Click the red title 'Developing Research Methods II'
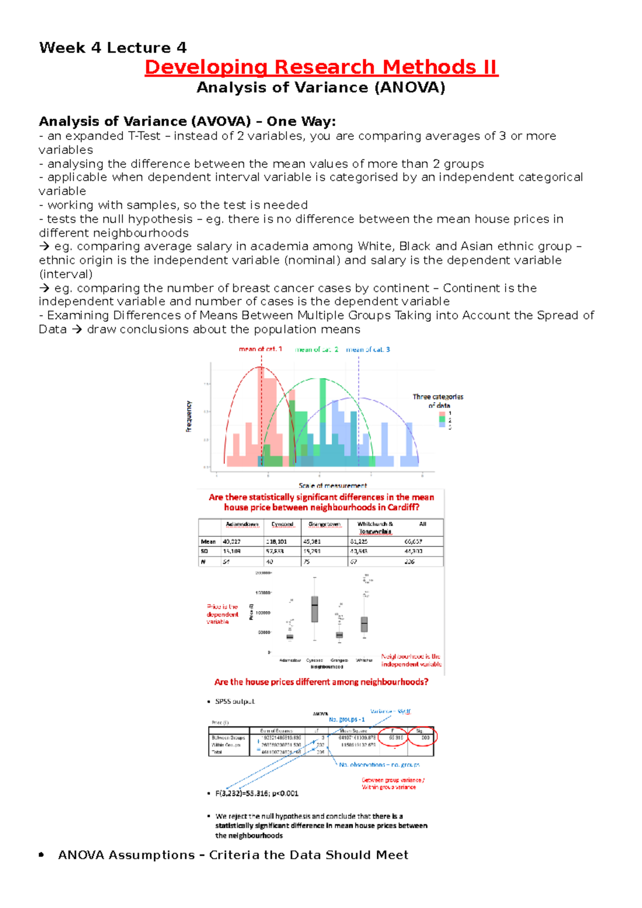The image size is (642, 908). point(321,67)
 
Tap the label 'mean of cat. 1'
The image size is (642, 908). point(260,349)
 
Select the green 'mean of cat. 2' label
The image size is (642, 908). point(317,349)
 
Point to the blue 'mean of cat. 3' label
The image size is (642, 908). point(368,349)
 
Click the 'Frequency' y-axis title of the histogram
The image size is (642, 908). point(189,416)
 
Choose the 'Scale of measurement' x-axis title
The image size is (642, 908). point(333,486)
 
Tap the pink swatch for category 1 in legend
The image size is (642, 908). point(442,413)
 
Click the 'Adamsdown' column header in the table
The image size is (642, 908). point(242,524)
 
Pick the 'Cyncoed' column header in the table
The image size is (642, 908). point(282,524)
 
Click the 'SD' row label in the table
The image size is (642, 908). point(204,551)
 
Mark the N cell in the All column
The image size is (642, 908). point(410,562)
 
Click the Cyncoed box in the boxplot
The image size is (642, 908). point(315,609)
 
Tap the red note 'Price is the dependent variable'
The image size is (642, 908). point(223,614)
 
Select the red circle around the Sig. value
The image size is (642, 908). point(423,737)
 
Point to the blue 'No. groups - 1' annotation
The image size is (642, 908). point(347,720)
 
